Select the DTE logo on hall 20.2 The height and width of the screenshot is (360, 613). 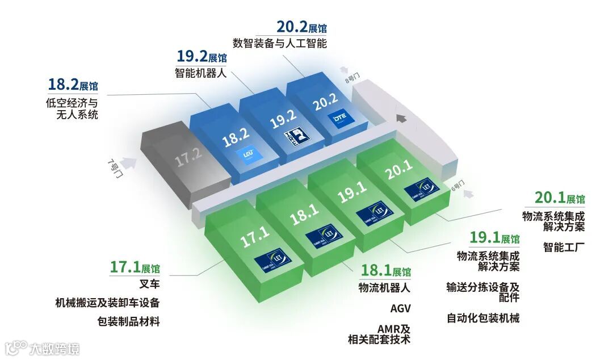point(339,120)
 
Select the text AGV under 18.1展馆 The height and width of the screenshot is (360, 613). point(400,309)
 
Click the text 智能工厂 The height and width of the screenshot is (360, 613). point(564,248)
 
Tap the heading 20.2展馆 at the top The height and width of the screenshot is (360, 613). point(301,27)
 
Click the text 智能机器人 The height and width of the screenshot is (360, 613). point(201,73)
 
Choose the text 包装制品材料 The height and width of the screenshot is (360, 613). point(128,321)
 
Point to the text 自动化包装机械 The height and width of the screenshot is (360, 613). point(483,318)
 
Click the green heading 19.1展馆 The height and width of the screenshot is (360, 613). point(494,238)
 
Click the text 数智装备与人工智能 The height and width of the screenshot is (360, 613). point(280,43)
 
